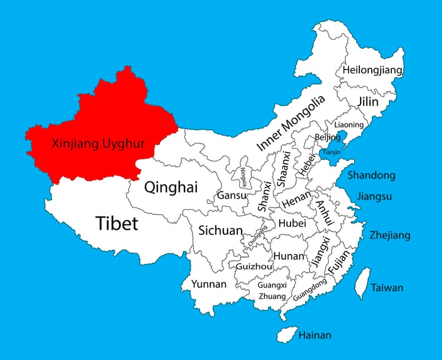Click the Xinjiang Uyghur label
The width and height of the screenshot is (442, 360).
98,143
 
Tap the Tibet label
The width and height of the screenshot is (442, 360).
116,223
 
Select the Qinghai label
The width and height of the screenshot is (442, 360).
171,187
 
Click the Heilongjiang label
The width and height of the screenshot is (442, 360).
372,71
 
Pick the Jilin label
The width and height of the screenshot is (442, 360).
368,101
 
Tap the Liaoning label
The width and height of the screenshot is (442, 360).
348,125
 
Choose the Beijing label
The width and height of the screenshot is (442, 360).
328,137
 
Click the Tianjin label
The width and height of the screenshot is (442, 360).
331,152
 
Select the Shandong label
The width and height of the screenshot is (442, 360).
371,176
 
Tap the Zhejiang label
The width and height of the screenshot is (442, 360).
390,236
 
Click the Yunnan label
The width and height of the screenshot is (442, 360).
209,285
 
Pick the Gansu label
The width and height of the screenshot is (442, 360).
232,195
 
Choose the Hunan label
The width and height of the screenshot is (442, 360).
288,256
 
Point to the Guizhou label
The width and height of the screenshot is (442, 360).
254,266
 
